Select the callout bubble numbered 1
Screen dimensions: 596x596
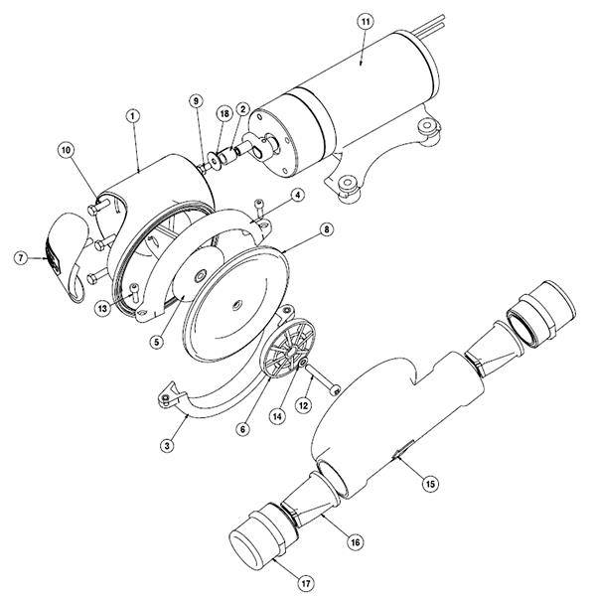click(131, 116)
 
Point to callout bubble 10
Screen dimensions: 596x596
click(67, 150)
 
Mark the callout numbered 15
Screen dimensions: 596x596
click(429, 484)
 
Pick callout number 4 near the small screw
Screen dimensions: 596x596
click(297, 196)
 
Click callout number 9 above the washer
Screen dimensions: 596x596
click(196, 101)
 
